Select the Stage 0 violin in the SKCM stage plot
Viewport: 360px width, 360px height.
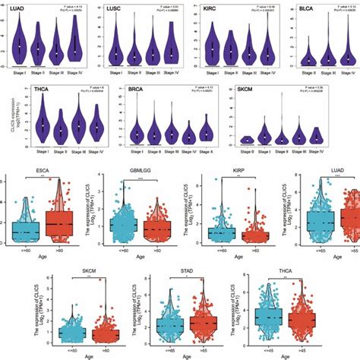point(246,140)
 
